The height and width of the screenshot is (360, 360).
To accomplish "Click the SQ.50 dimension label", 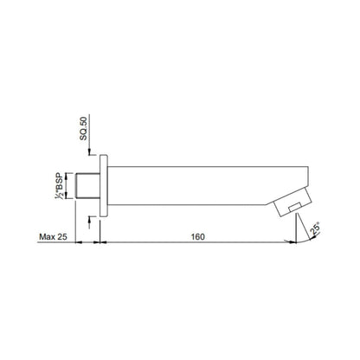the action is tap(83, 129).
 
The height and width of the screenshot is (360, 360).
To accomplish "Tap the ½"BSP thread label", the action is tap(60, 185).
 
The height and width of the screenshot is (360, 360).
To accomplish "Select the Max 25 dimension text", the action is tap(53, 237).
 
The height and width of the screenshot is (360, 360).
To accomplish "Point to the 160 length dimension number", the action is tap(198, 237).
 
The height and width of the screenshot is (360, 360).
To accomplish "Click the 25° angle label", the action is tap(315, 228).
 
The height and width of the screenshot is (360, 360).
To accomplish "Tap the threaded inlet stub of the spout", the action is tap(87, 185).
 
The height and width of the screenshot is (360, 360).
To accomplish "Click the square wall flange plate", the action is tap(104, 185).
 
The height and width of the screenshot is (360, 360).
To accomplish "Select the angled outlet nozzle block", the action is tap(292, 202).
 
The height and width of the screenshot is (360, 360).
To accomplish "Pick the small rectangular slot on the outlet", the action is tap(295, 207).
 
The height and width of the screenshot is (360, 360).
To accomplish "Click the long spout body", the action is tap(208, 185).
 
